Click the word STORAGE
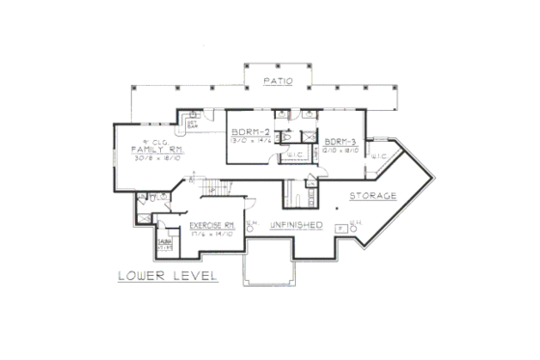(372, 195)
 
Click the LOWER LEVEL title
(168, 276)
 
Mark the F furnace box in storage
(339, 229)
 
